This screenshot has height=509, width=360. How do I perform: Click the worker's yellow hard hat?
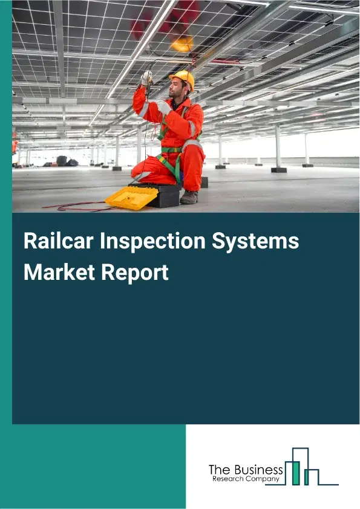point(183,79)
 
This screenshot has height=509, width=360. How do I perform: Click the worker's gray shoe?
point(189,197)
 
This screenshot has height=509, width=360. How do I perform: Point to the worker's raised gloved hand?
point(146,77)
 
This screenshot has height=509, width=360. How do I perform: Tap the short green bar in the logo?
point(307,478)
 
